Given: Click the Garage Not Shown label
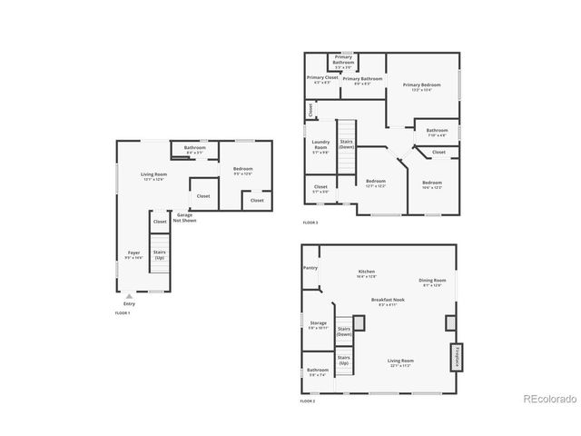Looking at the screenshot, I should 186,219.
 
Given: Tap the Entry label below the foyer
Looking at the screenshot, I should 129,302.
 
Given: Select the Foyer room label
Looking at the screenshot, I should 133,255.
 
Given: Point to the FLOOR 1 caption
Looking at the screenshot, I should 123,312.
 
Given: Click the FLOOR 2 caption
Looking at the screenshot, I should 309,401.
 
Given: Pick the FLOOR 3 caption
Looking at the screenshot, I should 310,223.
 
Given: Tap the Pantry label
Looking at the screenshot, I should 310,268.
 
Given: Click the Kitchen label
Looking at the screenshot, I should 367,272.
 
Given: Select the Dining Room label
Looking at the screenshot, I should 432,282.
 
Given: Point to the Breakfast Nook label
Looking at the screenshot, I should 388,301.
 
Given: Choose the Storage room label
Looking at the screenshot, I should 318,323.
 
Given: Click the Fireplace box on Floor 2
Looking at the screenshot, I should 457,357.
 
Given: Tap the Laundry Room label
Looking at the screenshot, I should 320,145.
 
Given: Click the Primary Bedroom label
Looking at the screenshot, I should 421,86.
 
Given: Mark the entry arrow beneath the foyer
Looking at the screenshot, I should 129,295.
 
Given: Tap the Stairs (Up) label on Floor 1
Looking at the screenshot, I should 160,254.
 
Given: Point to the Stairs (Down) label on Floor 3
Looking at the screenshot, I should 346,144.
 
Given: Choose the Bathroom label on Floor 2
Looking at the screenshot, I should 318,372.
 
